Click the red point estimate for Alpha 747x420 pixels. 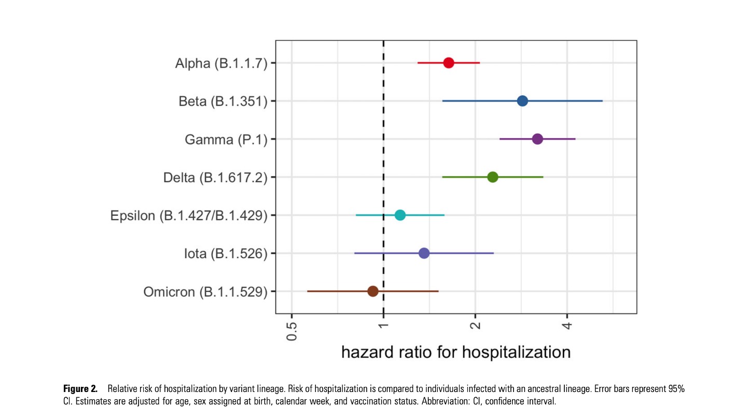click(x=449, y=63)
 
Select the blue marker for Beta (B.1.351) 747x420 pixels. click(x=522, y=101)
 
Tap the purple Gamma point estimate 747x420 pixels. click(x=537, y=139)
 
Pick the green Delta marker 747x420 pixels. click(x=493, y=177)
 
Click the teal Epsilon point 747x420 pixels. click(x=400, y=215)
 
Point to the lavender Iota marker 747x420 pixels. click(x=424, y=253)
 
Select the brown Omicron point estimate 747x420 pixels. click(x=372, y=291)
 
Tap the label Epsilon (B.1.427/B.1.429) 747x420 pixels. click(x=189, y=216)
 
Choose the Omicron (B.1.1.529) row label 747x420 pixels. click(x=205, y=292)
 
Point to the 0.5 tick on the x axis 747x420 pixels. click(x=292, y=331)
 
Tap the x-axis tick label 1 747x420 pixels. click(x=383, y=326)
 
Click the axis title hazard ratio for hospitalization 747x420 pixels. click(x=455, y=352)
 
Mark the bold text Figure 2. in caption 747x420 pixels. click(x=80, y=389)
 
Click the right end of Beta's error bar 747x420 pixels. click(x=602, y=101)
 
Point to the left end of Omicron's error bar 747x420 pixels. click(x=308, y=291)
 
